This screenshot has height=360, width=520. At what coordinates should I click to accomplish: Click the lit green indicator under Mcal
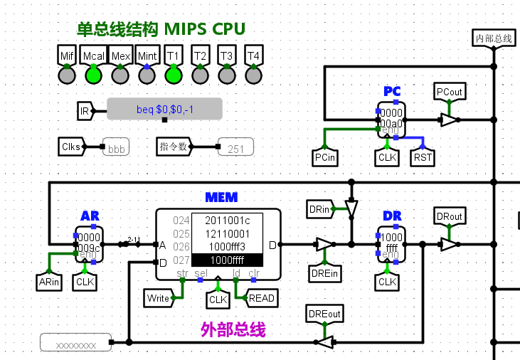pos(93,73)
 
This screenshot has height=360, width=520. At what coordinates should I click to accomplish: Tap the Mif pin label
pos(67,55)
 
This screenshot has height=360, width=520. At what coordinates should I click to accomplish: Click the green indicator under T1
pos(173,73)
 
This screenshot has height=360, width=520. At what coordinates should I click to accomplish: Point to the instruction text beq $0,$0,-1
pos(164,110)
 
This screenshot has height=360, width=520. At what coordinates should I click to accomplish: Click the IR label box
pos(85,111)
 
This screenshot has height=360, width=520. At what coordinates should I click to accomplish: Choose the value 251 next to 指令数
pos(235,149)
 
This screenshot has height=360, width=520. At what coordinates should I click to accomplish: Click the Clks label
pos(71,147)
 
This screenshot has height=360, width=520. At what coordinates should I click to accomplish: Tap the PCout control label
pos(449,92)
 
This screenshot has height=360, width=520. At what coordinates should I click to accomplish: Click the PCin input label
pos(324,157)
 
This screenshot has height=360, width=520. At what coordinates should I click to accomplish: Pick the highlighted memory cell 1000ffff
pos(227,260)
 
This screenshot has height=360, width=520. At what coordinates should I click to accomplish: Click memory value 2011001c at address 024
pos(227,220)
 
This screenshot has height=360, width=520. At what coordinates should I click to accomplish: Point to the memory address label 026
pos(181,247)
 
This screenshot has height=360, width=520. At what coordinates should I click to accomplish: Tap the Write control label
pos(158,298)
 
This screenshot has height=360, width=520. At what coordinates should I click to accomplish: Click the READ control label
pos(261,298)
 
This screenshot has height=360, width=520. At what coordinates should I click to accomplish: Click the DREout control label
pos(324,314)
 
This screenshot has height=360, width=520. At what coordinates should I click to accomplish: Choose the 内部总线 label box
pos(494,38)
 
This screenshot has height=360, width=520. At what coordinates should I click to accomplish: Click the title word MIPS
pos(186,29)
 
